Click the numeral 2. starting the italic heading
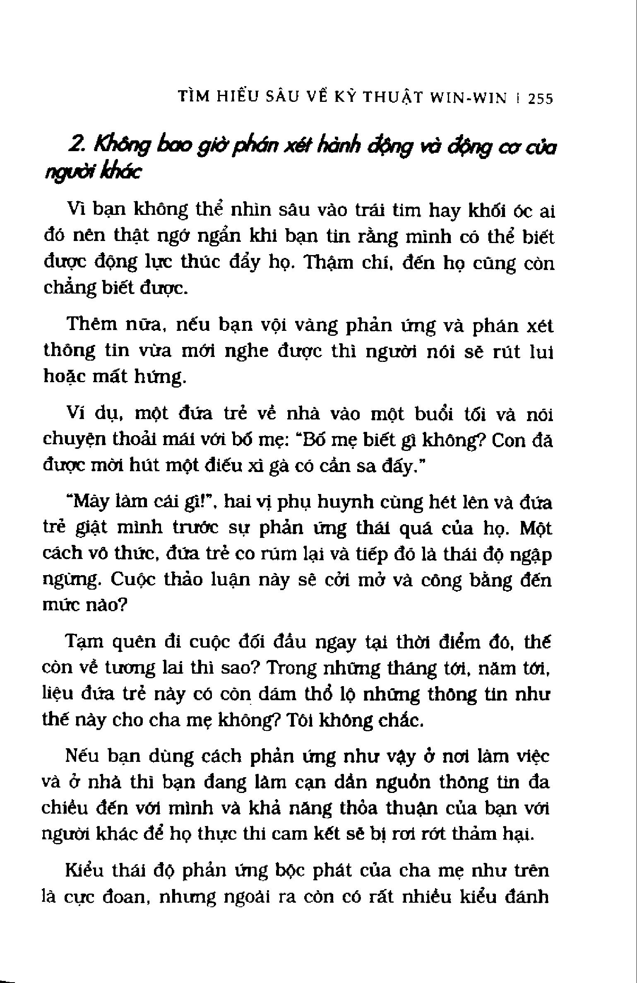tap(78, 145)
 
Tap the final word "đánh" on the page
tap(527, 897)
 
